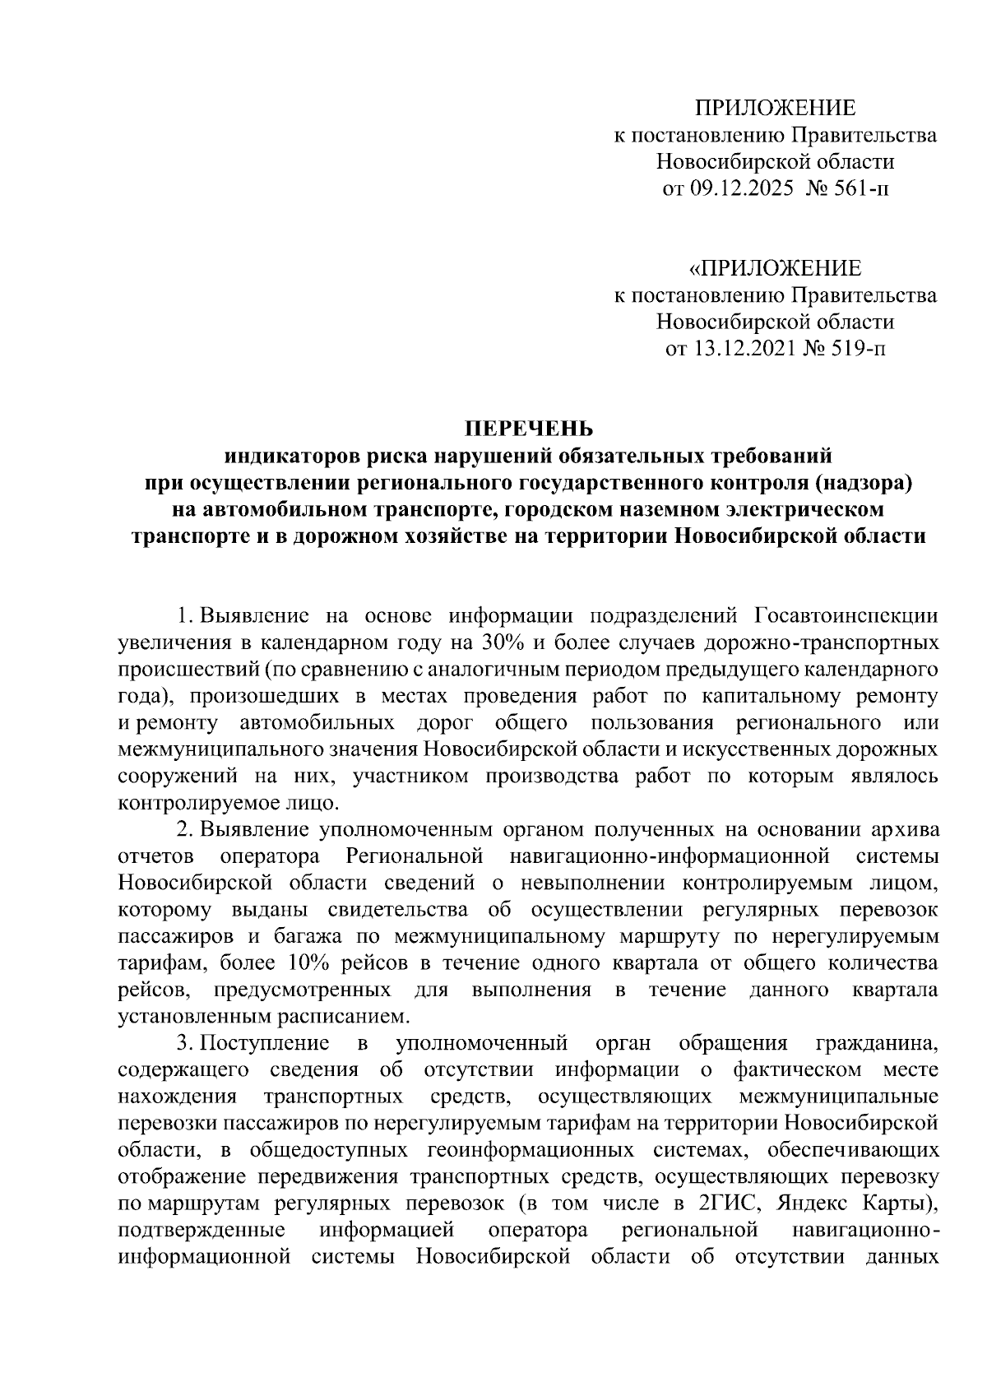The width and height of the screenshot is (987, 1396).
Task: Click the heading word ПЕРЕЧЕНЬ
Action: (x=529, y=429)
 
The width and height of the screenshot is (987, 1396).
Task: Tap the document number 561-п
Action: (x=860, y=189)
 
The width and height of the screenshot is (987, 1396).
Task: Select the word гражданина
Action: (x=876, y=1044)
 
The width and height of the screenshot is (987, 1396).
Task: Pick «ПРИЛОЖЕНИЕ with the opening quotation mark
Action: (x=776, y=269)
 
